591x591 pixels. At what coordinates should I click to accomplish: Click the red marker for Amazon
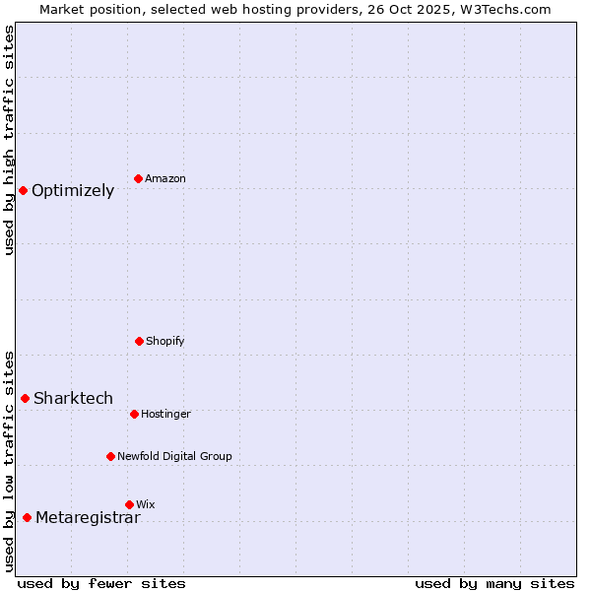tap(139, 178)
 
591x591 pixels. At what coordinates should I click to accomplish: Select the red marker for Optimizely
tap(23, 190)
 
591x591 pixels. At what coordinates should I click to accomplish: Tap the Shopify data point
tap(139, 341)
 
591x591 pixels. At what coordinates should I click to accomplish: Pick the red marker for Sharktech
tap(26, 398)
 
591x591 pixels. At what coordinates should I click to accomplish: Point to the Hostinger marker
tap(134, 414)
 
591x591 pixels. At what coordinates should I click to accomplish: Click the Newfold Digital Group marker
tap(110, 456)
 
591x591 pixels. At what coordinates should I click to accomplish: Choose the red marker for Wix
tap(129, 504)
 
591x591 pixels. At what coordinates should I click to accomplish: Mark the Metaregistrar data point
tap(27, 517)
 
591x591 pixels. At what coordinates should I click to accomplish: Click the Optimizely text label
tap(73, 191)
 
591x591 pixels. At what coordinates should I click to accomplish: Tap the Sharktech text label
tap(73, 399)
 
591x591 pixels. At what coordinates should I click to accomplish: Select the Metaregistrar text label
tap(88, 518)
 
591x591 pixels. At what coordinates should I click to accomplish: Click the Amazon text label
tap(165, 179)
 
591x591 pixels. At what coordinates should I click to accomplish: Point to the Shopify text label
tap(165, 342)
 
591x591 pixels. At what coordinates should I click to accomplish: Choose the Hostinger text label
tap(165, 415)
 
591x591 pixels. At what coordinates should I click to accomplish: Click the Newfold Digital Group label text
tap(174, 457)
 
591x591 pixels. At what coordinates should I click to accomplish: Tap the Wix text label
tap(146, 505)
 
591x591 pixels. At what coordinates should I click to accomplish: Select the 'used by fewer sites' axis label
tap(101, 583)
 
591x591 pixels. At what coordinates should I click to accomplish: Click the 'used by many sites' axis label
tap(494, 583)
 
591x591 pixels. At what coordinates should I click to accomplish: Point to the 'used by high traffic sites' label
tap(9, 140)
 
